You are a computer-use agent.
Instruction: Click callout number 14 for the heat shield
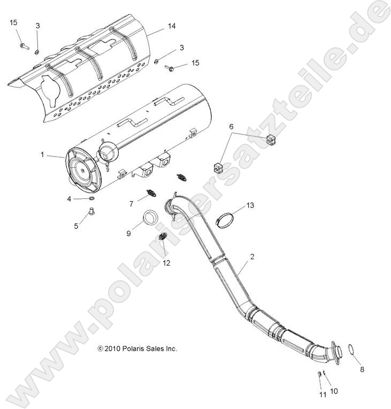[172, 26]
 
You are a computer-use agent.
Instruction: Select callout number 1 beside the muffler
[42, 155]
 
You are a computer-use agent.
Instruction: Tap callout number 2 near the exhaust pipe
[252, 257]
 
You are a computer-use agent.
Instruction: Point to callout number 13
[251, 205]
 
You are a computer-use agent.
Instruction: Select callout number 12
[166, 263]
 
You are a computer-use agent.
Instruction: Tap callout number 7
[131, 204]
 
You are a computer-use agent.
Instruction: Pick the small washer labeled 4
[91, 199]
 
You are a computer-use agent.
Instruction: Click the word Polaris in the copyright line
[132, 349]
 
